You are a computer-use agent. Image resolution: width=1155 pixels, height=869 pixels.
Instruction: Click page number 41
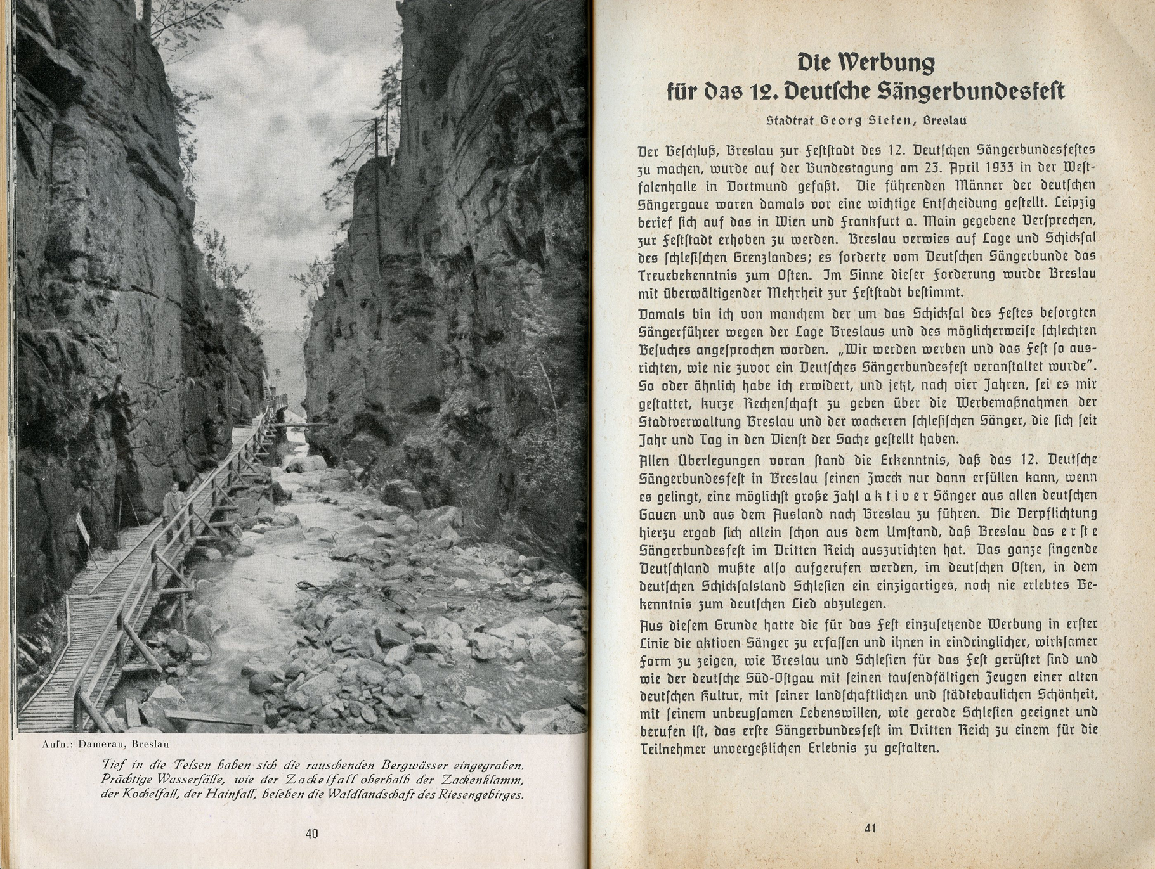pyautogui.click(x=870, y=828)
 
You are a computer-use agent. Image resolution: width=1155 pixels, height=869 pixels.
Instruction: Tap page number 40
pyautogui.click(x=311, y=834)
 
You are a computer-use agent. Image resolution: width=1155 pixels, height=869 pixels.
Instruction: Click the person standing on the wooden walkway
pyautogui.click(x=172, y=505)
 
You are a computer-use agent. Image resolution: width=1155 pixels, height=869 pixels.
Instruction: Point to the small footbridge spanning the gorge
pyautogui.click(x=298, y=425)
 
